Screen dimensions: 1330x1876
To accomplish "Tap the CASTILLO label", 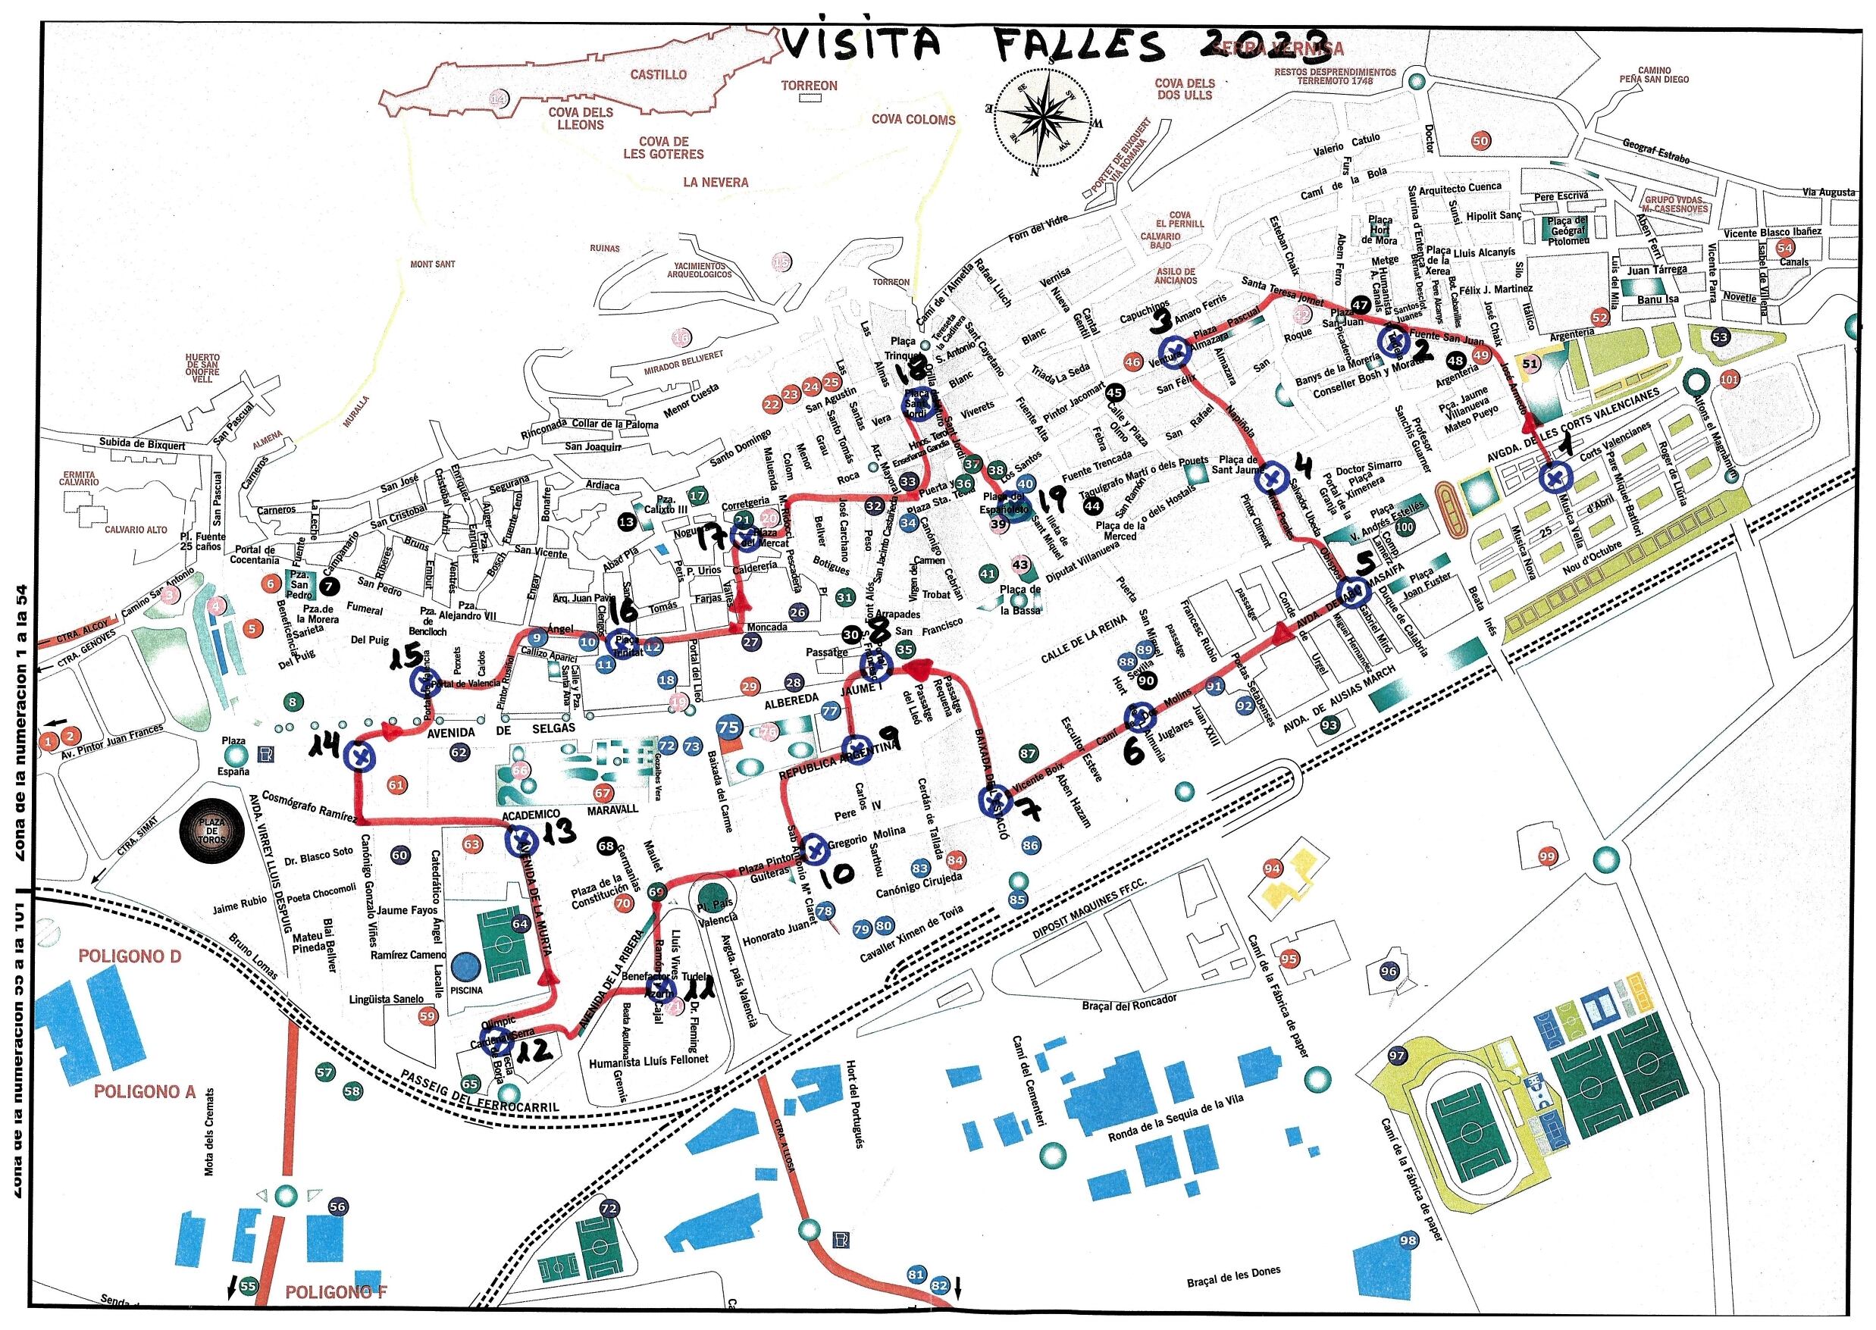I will point(658,74).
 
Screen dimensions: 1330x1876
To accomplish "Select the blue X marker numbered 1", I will point(1553,477).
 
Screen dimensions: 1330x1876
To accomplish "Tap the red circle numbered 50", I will point(1480,141).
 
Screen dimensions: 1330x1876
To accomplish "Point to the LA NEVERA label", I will point(716,182).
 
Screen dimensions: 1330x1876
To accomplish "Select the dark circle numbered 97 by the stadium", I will point(1397,1056).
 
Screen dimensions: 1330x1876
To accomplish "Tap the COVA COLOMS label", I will point(913,120).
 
